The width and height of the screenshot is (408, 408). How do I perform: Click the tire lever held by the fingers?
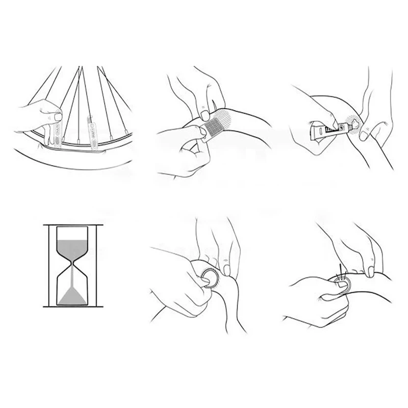click(x=57, y=134)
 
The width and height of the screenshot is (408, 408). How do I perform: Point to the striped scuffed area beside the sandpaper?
click(x=226, y=118)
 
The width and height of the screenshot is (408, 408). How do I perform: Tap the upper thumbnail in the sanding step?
click(x=205, y=113)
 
